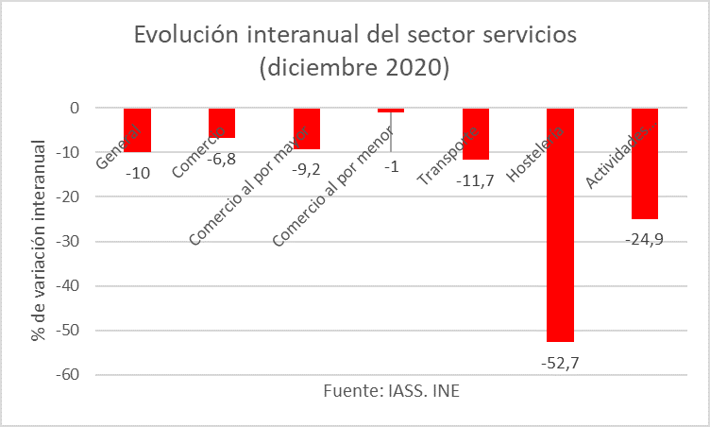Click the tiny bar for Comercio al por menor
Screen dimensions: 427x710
click(x=391, y=111)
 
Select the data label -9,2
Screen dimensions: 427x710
click(x=306, y=169)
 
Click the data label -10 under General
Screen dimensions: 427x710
click(x=138, y=173)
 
